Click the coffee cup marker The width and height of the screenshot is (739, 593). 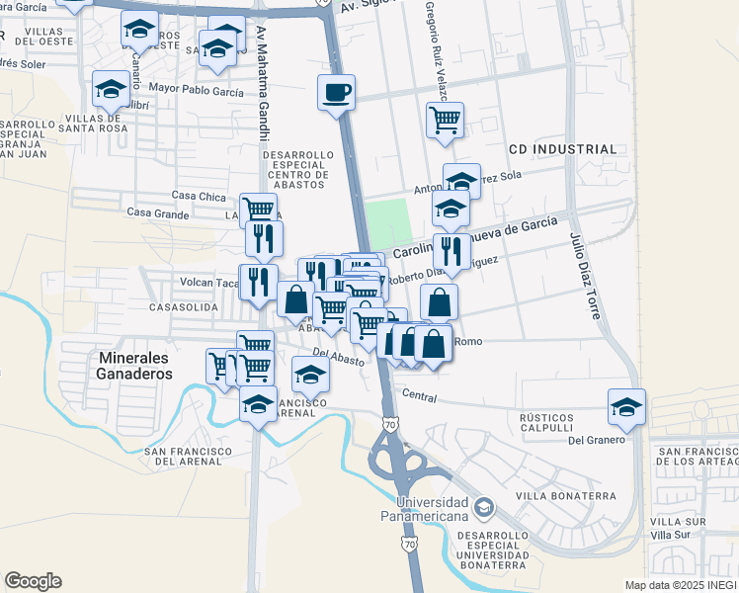pyautogui.click(x=336, y=92)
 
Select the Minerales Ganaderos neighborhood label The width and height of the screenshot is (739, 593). pyautogui.click(x=135, y=365)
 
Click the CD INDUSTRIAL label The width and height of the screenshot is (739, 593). pyautogui.click(x=562, y=149)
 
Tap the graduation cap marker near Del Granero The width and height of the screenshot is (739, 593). pyautogui.click(x=626, y=406)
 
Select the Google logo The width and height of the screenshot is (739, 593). pyautogui.click(x=33, y=580)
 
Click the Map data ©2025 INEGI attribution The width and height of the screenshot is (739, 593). pyautogui.click(x=680, y=585)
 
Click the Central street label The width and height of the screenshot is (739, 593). pyautogui.click(x=420, y=394)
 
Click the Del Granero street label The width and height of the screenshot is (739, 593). pyautogui.click(x=598, y=440)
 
